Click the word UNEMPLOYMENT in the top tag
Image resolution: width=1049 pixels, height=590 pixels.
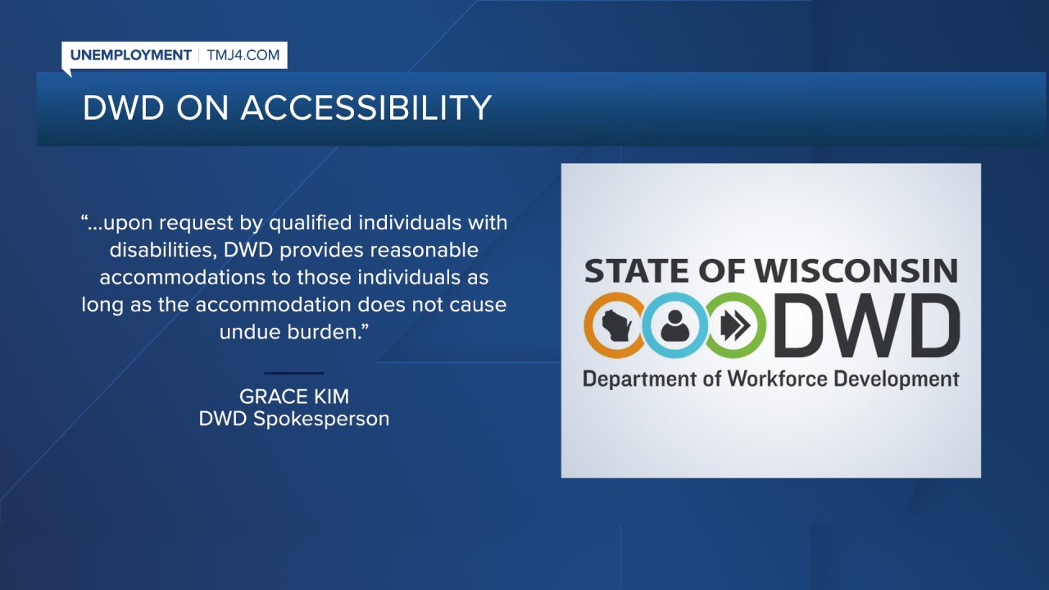(130, 56)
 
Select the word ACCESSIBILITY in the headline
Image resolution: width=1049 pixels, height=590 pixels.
(366, 108)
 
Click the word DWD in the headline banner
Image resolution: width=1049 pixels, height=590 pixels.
(122, 108)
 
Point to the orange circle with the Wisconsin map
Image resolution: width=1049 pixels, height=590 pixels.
(614, 326)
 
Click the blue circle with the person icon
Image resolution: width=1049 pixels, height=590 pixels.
(673, 326)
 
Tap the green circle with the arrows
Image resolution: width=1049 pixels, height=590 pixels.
(735, 326)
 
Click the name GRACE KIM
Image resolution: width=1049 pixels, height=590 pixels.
(294, 397)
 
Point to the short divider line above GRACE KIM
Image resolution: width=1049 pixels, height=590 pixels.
(294, 374)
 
